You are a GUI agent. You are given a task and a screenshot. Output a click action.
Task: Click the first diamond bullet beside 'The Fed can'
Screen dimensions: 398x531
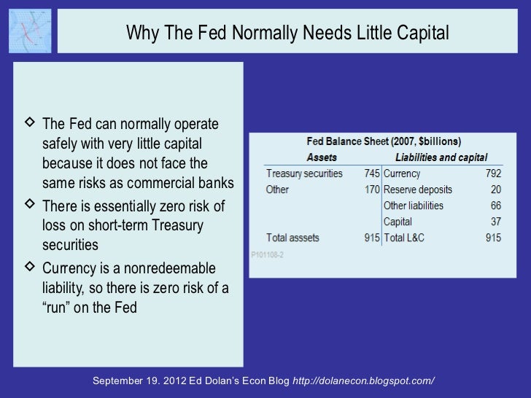click(x=29, y=122)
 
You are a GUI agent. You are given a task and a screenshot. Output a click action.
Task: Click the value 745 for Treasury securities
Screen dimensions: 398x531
click(x=372, y=174)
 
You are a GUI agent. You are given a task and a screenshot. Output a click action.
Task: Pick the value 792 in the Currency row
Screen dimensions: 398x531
click(x=493, y=174)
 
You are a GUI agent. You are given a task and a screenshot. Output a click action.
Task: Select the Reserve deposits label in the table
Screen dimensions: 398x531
click(x=417, y=190)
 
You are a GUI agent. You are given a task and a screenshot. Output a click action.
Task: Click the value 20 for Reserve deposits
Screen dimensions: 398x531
click(x=496, y=190)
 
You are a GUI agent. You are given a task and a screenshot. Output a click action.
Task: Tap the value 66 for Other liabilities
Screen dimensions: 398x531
click(x=496, y=206)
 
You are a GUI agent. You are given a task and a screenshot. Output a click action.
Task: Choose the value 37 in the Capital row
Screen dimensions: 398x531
click(x=496, y=222)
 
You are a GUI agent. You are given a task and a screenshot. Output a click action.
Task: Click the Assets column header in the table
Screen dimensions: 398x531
click(x=321, y=157)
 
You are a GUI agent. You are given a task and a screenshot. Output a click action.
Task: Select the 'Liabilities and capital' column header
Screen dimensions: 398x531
click(x=441, y=157)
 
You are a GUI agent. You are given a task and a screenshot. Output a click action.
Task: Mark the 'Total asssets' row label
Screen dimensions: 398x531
click(x=298, y=238)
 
